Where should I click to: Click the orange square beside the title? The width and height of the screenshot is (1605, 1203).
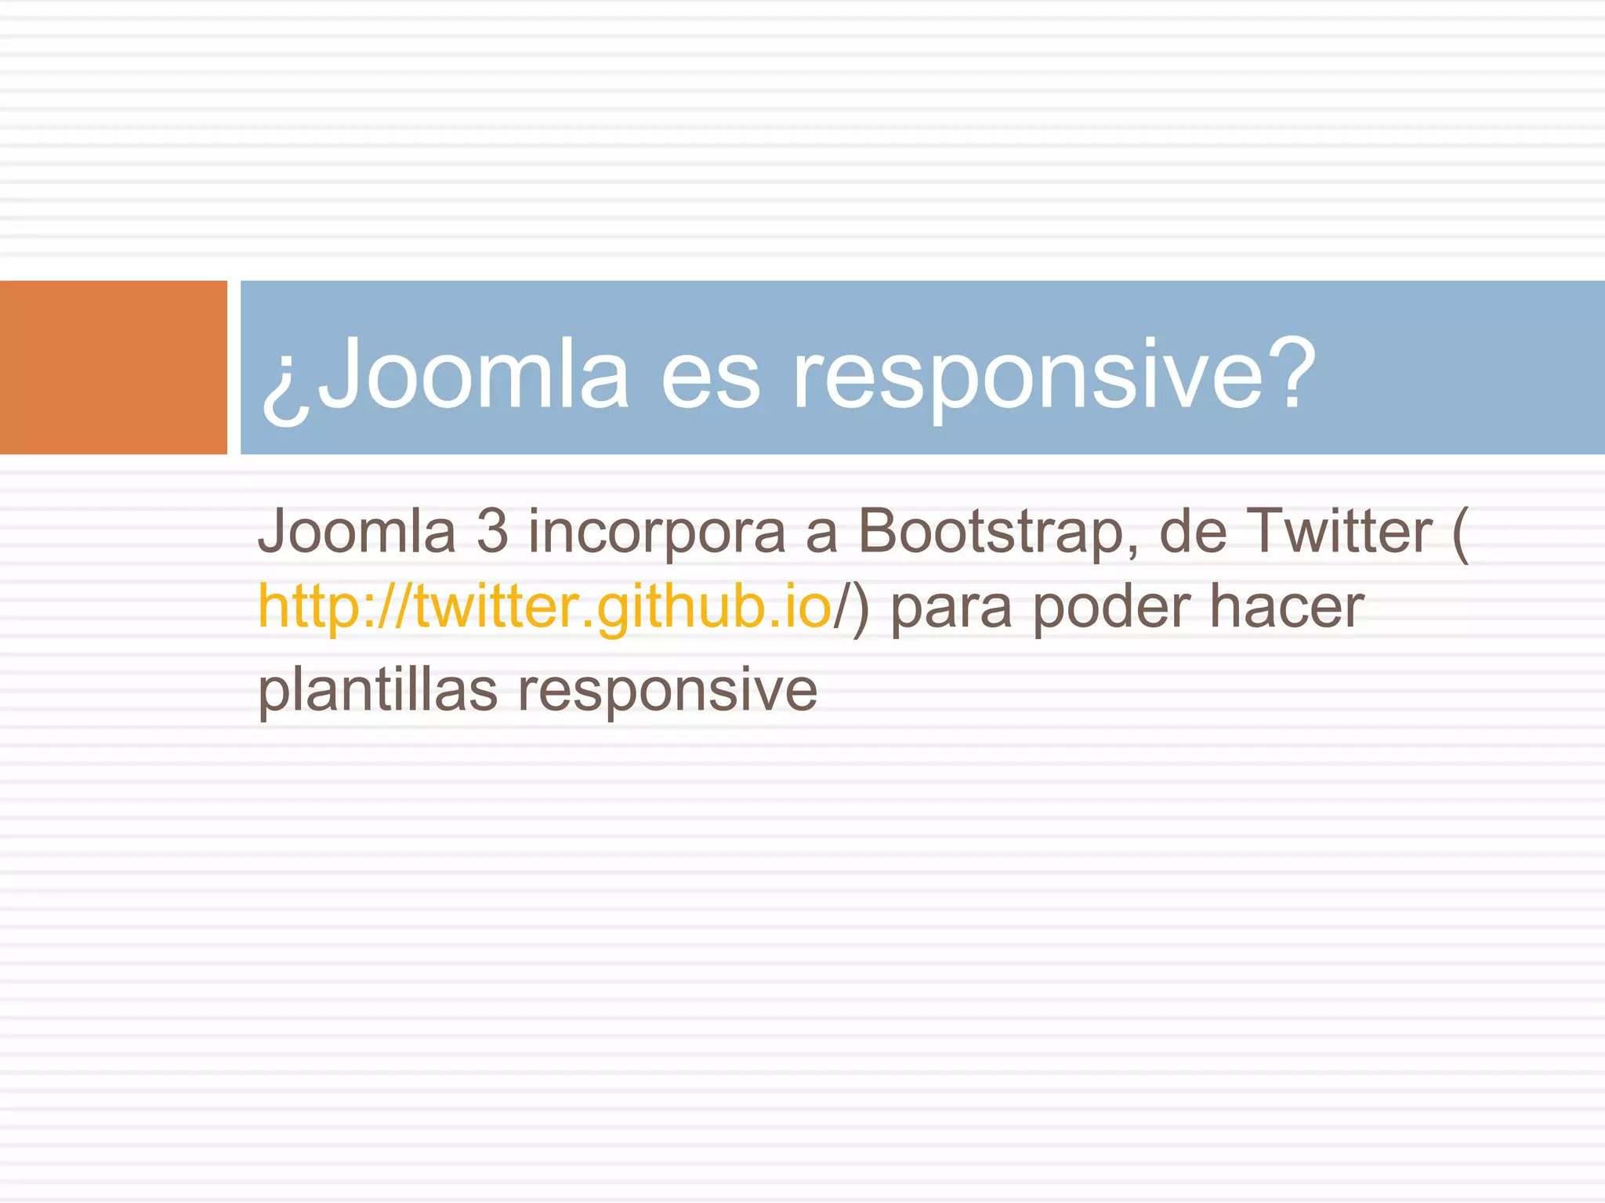click(113, 367)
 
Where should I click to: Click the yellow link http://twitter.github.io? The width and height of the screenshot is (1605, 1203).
click(544, 607)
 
